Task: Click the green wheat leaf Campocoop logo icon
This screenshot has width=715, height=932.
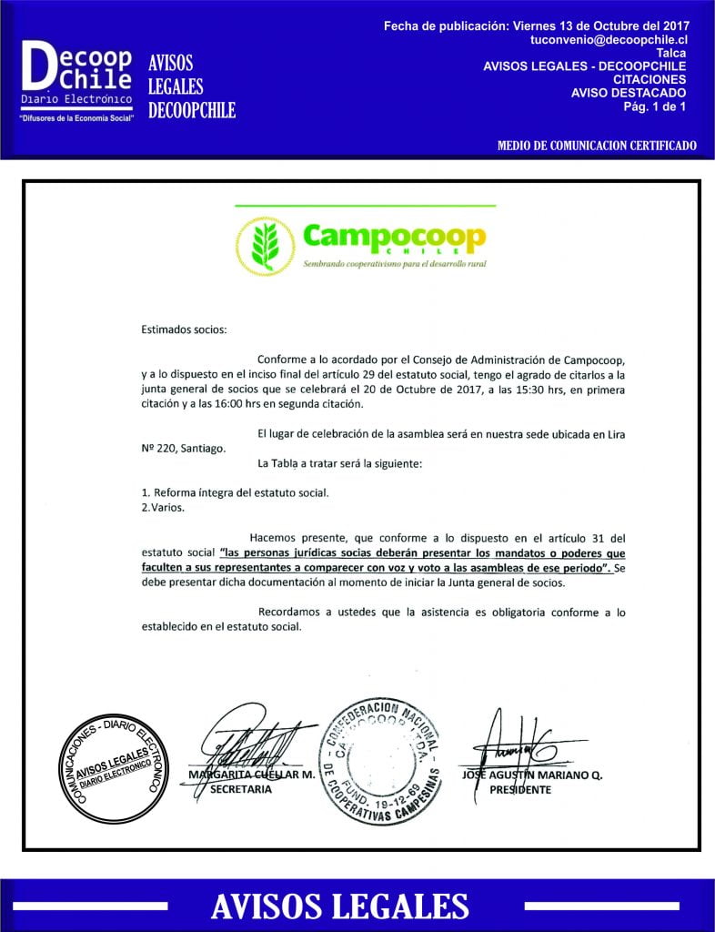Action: tap(264, 246)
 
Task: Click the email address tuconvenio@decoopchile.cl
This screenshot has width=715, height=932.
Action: tap(609, 41)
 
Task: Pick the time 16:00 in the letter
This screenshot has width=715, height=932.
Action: tap(236, 404)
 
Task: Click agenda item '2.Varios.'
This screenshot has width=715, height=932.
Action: tap(163, 508)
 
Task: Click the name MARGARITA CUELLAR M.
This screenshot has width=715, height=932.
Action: tap(251, 775)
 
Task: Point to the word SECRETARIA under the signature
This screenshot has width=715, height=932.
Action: tap(241, 790)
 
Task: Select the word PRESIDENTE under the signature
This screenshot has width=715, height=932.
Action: tap(520, 790)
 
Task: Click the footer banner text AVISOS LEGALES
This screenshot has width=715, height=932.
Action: tap(339, 906)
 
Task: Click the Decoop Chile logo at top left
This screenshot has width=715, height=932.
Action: tap(77, 83)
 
